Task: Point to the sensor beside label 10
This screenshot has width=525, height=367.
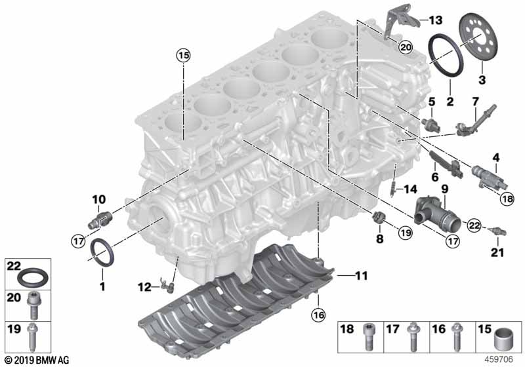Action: tap(100, 215)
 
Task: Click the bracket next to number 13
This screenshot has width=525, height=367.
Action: tap(396, 22)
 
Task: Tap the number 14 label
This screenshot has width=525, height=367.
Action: tap(410, 189)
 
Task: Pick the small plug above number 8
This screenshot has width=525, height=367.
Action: tap(379, 217)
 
